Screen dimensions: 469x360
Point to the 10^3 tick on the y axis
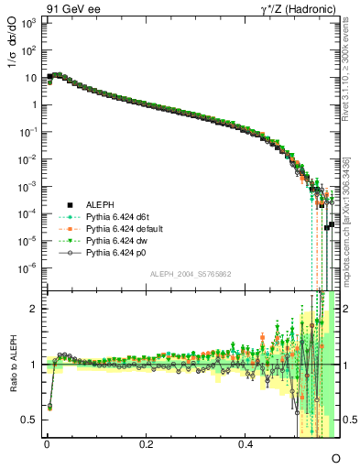pyautogui.click(x=28, y=21)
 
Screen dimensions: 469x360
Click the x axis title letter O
pyautogui.click(x=335, y=457)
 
